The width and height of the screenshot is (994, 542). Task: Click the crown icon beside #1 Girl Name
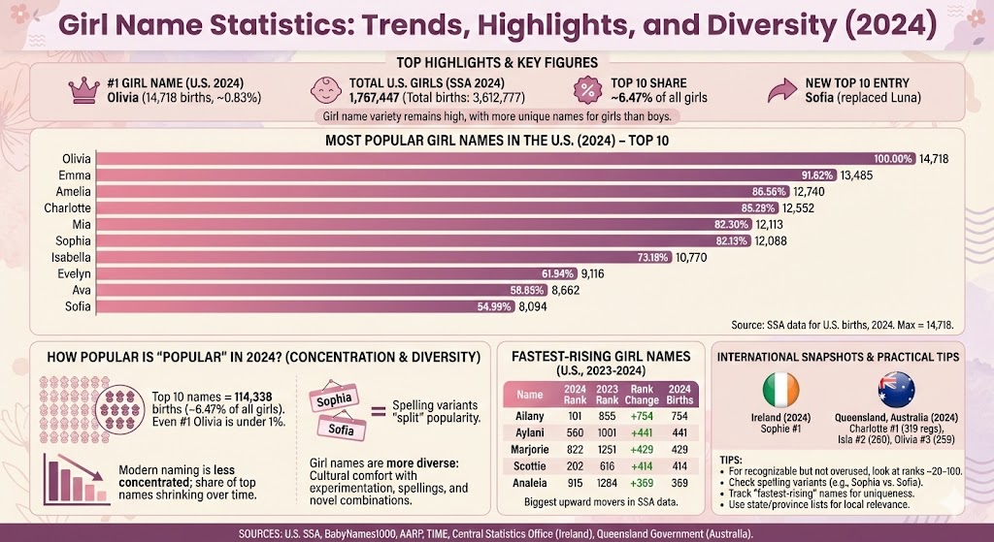pos(80,90)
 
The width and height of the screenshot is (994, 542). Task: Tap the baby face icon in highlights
pos(327,90)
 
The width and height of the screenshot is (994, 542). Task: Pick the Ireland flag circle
pos(779,390)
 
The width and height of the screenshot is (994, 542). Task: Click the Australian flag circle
pos(897,390)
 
